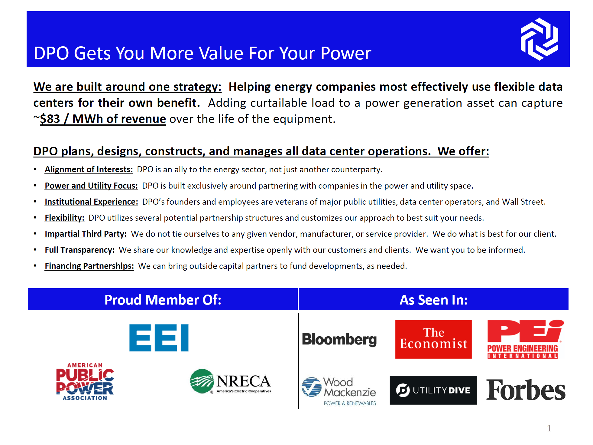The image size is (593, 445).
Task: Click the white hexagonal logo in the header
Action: pyautogui.click(x=539, y=39)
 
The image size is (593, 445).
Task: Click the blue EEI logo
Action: pyautogui.click(x=159, y=338)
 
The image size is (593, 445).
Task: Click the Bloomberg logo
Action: pyautogui.click(x=339, y=339)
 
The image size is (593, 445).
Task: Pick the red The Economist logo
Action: pyautogui.click(x=433, y=339)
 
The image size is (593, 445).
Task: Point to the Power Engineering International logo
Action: pyautogui.click(x=525, y=339)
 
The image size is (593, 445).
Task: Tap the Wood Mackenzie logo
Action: pyautogui.click(x=339, y=391)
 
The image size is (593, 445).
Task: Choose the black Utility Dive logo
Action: pyautogui.click(x=433, y=390)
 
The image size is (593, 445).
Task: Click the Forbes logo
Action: pyautogui.click(x=525, y=390)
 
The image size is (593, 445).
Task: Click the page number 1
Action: pyautogui.click(x=549, y=428)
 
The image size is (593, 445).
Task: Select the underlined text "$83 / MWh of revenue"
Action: pyautogui.click(x=103, y=119)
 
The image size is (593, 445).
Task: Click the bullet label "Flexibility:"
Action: pyautogui.click(x=64, y=218)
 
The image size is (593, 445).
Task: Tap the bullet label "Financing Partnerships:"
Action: pyautogui.click(x=89, y=266)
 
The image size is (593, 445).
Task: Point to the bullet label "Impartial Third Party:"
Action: pyautogui.click(x=86, y=234)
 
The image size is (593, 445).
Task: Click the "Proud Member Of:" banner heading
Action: pyautogui.click(x=163, y=300)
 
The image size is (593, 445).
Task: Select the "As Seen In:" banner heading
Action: pyautogui.click(x=433, y=300)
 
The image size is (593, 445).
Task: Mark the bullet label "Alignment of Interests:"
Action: pyautogui.click(x=89, y=169)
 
